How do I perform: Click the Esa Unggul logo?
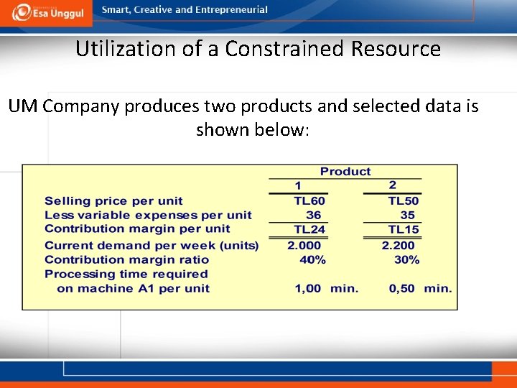[46, 12]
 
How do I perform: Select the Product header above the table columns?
[345, 172]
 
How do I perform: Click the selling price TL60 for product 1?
[309, 201]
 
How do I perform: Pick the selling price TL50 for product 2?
[404, 201]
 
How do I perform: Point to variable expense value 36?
[314, 215]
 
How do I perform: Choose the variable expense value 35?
[408, 215]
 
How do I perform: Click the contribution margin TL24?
[309, 229]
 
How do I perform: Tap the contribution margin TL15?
[404, 229]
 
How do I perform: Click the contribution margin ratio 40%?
[312, 259]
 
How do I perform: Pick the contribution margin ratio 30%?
[406, 259]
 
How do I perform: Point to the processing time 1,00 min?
[326, 288]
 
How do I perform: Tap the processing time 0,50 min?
[420, 288]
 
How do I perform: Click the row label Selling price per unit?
[113, 201]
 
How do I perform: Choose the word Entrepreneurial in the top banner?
[231, 10]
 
